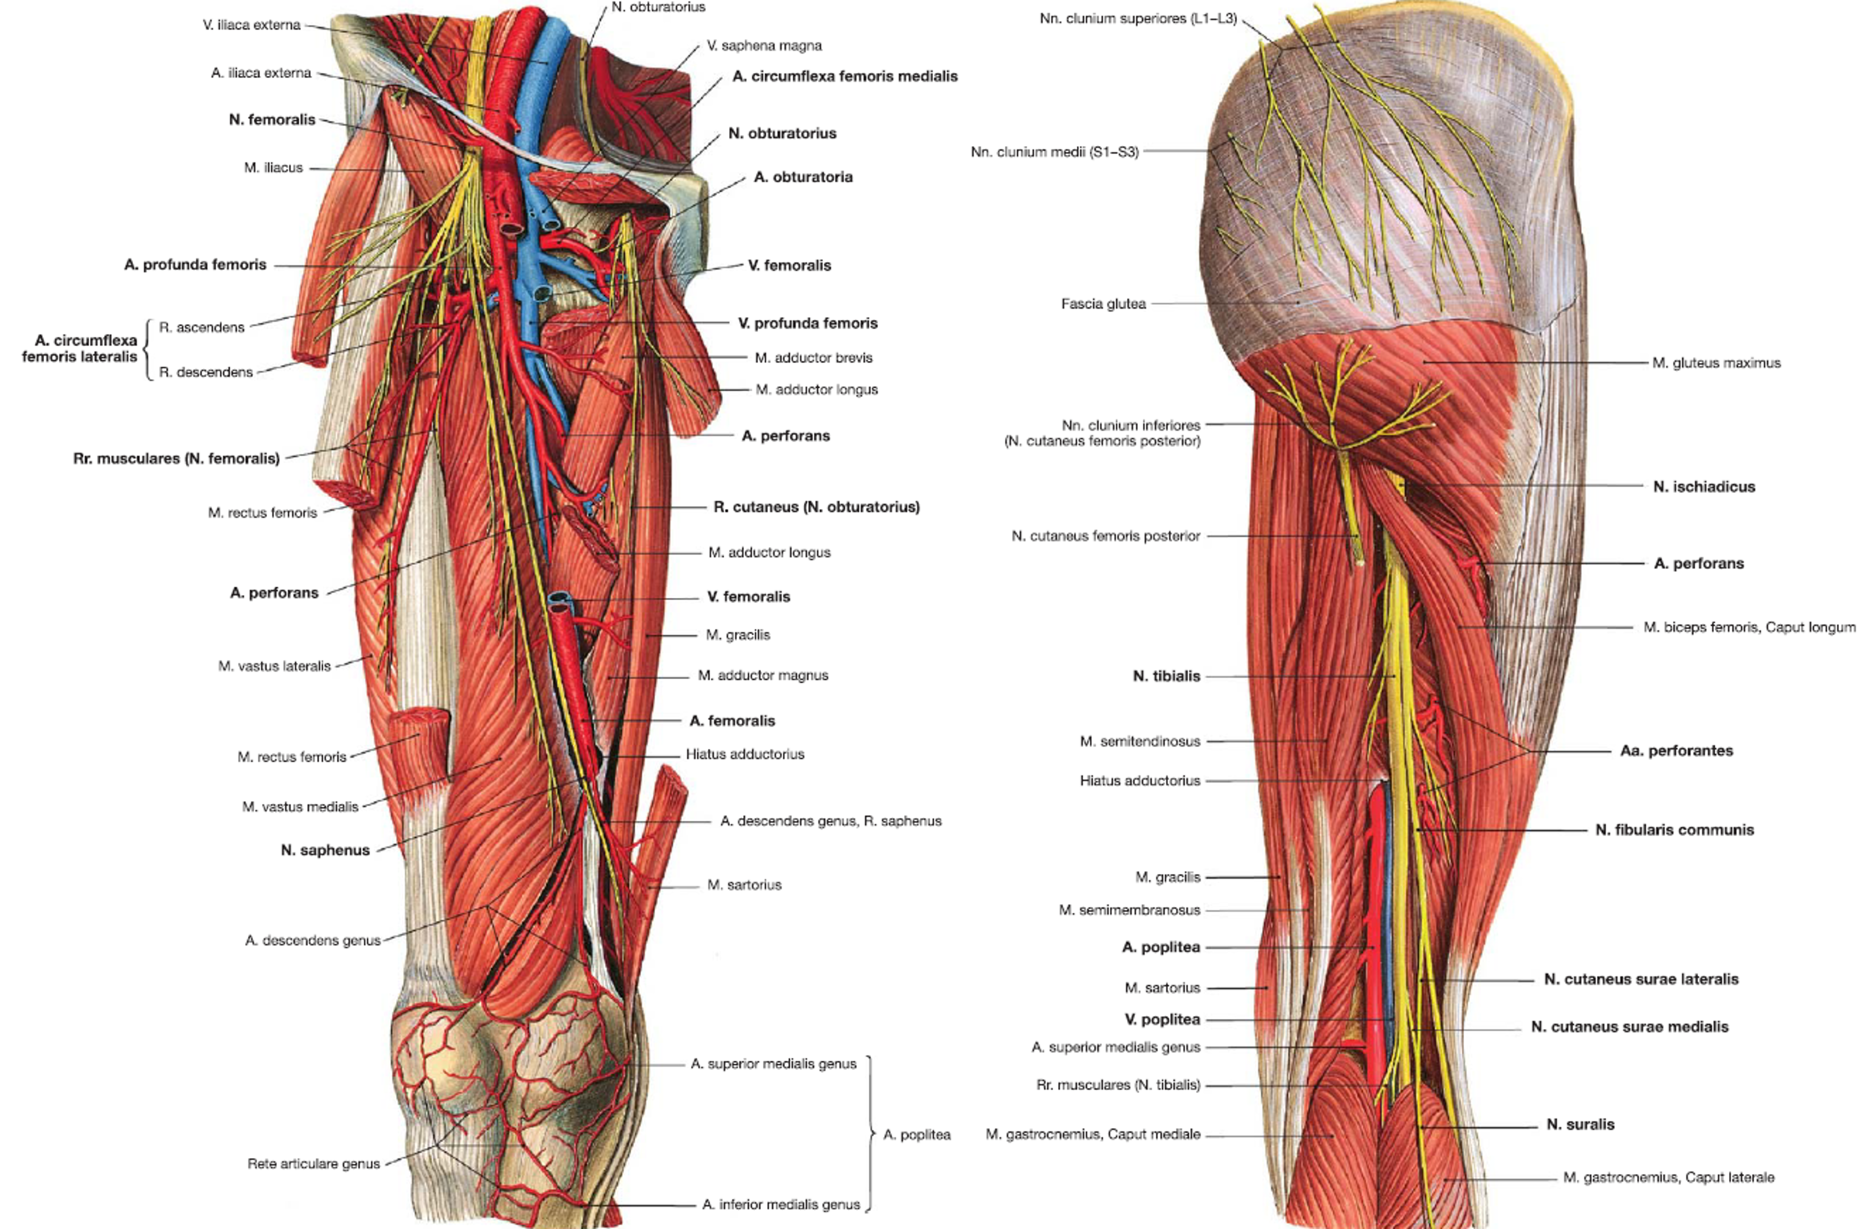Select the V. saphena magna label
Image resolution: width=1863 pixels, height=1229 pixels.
coord(764,46)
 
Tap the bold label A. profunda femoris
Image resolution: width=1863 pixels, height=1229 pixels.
coord(195,265)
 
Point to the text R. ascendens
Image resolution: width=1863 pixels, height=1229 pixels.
coord(202,327)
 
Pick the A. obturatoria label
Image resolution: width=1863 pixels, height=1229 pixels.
coord(803,177)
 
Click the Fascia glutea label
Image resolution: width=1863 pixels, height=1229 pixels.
coord(1103,303)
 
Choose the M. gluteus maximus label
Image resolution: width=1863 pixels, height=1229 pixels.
coord(1715,363)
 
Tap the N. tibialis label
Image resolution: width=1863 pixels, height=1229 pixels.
coord(1166,676)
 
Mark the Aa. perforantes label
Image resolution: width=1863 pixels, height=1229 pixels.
coord(1676,751)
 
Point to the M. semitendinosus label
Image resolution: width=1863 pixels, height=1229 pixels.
coord(1139,741)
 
